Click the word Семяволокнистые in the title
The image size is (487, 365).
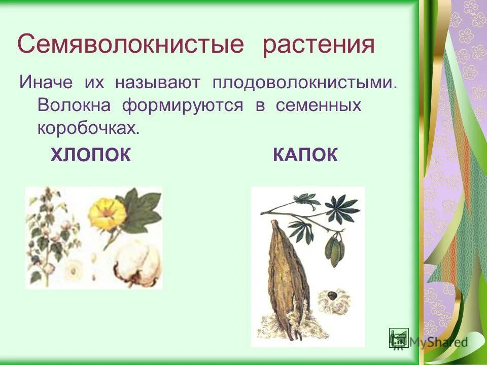pos(130,45)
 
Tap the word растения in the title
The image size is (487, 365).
pos(319,45)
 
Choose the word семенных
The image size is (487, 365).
pos(318,105)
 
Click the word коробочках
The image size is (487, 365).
pos(88,128)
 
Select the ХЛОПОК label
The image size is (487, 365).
pos(91,155)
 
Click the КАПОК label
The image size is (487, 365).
pos(305,155)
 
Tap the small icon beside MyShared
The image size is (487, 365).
pos(399,338)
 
